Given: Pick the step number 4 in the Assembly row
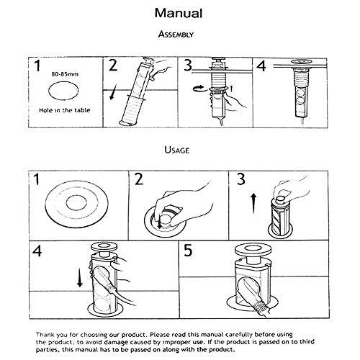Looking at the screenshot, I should [x=261, y=67].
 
